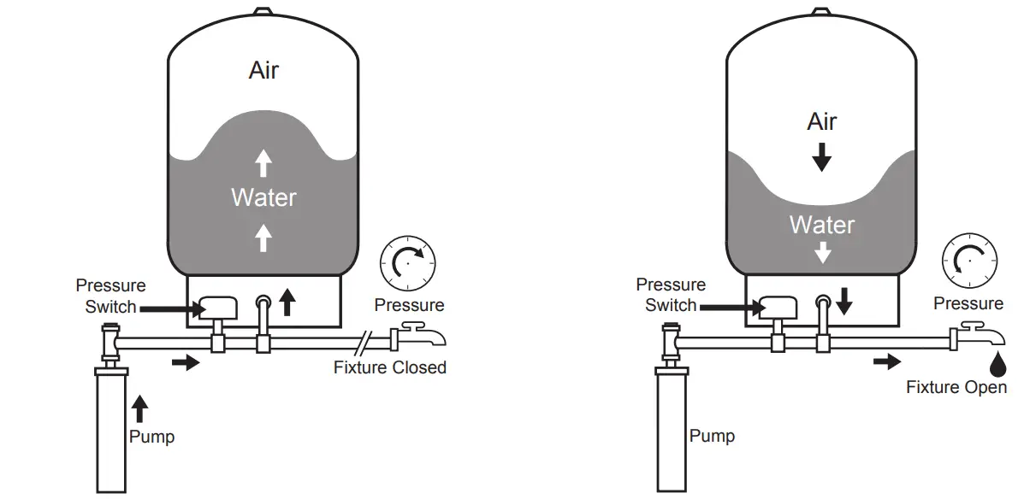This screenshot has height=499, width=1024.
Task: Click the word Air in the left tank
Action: pos(263,70)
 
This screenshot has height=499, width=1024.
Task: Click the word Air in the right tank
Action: pos(822,121)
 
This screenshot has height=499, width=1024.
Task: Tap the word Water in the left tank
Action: pos(263,197)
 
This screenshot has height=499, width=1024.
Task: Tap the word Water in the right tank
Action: pos(822,225)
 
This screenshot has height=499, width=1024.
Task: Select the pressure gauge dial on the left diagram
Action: pos(408,264)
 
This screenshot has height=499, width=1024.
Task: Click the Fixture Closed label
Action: pos(389,367)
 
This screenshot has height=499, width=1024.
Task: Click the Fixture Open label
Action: pos(956,387)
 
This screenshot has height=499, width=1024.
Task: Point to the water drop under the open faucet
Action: pos(997,365)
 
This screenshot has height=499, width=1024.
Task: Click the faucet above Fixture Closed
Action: pos(419,336)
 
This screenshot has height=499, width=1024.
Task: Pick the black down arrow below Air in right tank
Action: pos(822,156)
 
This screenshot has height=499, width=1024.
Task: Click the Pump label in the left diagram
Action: pos(151,437)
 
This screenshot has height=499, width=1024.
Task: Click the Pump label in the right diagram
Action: pos(712,436)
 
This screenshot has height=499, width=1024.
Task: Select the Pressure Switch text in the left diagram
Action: pos(110,296)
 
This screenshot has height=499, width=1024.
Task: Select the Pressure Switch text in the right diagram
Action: pos(671,294)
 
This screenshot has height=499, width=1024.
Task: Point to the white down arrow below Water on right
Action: pos(822,253)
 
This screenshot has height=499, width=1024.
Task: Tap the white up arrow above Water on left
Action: pos(263,161)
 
